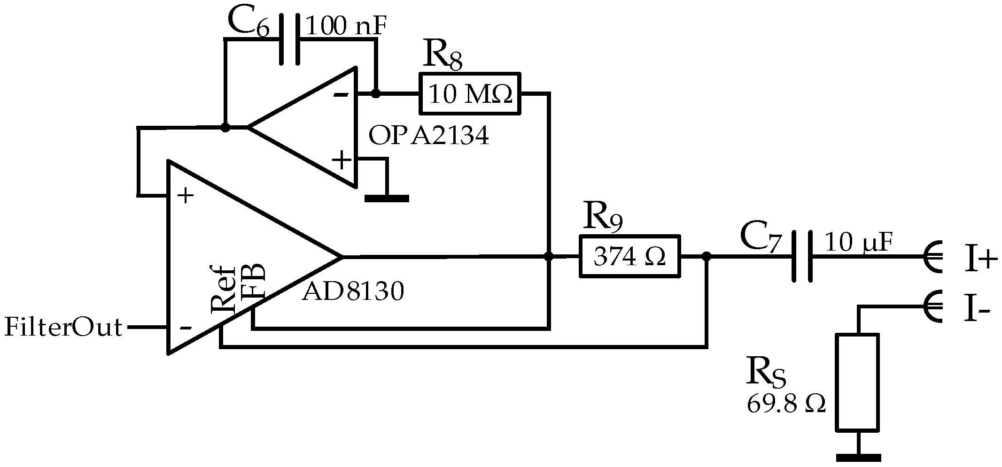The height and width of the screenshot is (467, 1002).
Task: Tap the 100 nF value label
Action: [346, 27]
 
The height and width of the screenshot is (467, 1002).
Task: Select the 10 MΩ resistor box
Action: [470, 93]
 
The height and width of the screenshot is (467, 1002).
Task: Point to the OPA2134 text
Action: [428, 136]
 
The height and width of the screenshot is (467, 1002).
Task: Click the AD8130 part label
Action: [352, 292]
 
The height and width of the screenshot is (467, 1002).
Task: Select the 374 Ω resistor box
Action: [629, 256]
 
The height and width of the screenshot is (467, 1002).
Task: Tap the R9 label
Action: [602, 217]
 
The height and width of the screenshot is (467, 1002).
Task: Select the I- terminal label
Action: [977, 311]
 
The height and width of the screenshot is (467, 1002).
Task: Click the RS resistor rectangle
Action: [857, 382]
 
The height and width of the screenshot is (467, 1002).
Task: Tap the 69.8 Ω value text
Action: [786, 404]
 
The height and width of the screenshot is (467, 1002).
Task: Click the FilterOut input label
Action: [63, 327]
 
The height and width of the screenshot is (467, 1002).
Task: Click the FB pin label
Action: [254, 282]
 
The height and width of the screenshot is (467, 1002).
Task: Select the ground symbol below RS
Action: [858, 456]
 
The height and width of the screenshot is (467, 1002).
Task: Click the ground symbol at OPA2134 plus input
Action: [387, 199]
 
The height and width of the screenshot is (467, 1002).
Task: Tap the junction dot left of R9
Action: [548, 256]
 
